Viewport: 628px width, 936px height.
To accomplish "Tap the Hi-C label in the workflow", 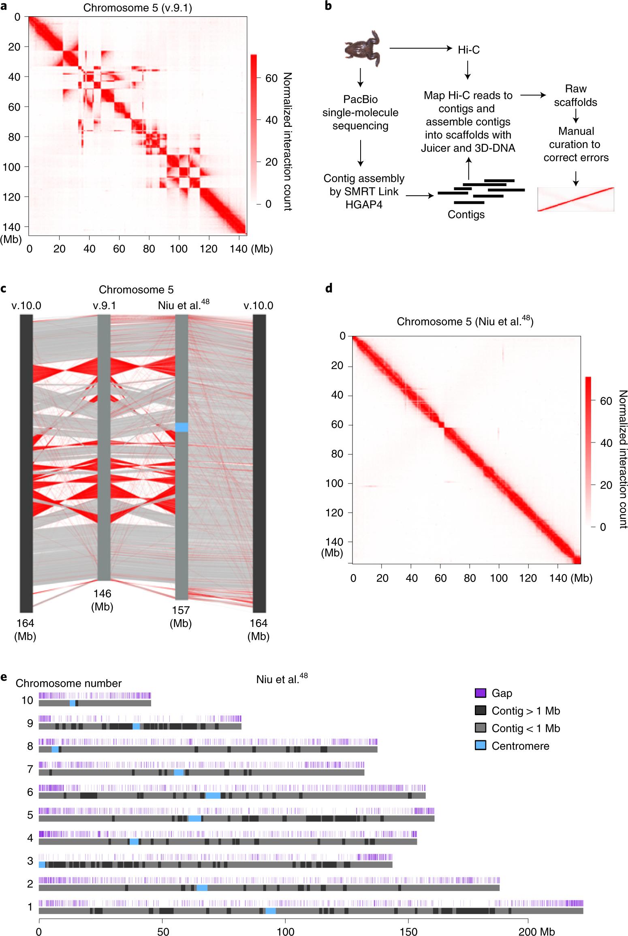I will click(x=468, y=50).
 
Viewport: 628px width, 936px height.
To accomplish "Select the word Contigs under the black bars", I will click(x=466, y=214).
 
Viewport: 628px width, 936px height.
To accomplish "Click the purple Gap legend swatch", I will click(x=480, y=693).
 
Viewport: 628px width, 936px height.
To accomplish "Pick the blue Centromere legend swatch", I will click(x=480, y=746).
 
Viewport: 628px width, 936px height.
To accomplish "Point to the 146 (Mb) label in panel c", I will click(x=102, y=600).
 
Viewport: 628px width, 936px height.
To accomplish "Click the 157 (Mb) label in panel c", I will click(x=181, y=616).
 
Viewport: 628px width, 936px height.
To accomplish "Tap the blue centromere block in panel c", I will click(x=182, y=427).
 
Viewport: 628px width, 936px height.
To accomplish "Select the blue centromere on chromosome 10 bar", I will click(x=73, y=703).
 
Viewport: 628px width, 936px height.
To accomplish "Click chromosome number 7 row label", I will click(x=30, y=769).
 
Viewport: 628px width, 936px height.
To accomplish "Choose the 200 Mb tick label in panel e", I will click(x=536, y=932).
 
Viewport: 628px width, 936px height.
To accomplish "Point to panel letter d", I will click(x=329, y=288).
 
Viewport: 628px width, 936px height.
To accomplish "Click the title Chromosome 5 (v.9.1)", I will click(x=137, y=8).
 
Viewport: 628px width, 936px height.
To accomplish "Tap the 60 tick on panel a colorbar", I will click(x=271, y=78).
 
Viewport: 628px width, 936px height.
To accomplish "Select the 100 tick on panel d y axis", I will click(x=334, y=483).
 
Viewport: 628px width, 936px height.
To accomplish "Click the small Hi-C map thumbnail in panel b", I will click(x=576, y=199).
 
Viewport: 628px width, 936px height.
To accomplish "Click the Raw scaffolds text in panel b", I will click(x=575, y=96).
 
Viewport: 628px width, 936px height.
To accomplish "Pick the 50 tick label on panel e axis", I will click(x=163, y=932).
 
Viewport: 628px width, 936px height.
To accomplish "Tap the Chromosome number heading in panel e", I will click(x=68, y=683).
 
